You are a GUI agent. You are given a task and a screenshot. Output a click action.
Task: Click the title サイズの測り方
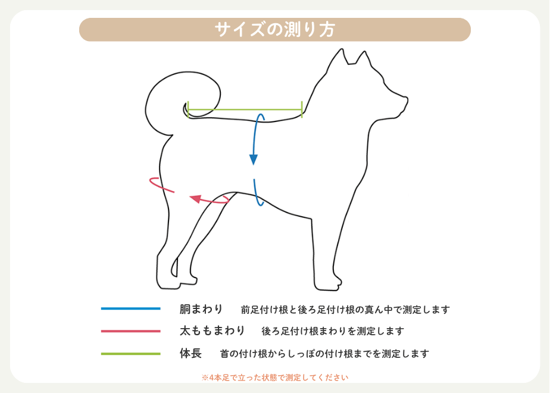[275, 30]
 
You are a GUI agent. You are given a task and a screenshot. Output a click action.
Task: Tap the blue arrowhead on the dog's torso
[254, 160]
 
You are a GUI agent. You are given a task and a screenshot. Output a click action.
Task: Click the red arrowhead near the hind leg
[196, 199]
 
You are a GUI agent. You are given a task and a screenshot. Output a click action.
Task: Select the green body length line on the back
[245, 110]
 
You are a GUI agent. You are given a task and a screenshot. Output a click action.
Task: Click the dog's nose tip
[407, 99]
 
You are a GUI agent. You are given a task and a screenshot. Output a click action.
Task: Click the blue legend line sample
[131, 308]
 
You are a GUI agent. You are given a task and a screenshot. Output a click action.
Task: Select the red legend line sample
[131, 331]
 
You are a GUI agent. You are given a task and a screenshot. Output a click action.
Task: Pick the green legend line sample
[131, 354]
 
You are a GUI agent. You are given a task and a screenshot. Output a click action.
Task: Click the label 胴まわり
[201, 309]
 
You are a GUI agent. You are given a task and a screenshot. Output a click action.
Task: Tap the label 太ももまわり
[212, 330]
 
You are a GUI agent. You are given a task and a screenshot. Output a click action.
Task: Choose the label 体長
[190, 353]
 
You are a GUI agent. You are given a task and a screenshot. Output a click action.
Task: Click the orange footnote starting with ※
[275, 378]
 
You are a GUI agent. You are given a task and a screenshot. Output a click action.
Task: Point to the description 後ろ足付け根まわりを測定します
[333, 331]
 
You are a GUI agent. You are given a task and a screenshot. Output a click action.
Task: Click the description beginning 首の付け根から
[324, 354]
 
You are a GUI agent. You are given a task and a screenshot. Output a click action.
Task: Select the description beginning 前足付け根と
[345, 310]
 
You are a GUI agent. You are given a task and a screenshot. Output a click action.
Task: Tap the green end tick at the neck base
[302, 110]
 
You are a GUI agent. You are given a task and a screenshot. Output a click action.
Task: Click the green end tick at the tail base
[188, 110]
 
